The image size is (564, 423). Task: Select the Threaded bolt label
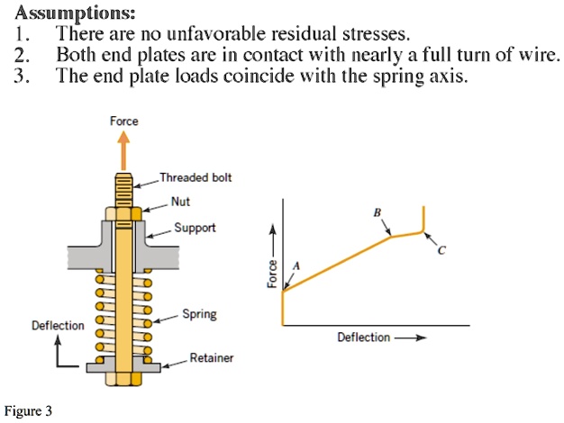coord(196,177)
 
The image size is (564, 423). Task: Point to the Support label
coord(195,228)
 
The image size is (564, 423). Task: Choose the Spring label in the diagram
coord(198,315)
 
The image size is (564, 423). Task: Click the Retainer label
coord(211,358)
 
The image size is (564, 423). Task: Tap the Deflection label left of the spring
coord(58,325)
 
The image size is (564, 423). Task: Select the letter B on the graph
coord(378,212)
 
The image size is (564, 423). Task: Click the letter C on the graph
coord(441,251)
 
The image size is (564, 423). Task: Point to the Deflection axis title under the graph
coord(364,337)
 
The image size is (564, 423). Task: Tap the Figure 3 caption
coord(28,411)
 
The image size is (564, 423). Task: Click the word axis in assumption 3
coord(450,76)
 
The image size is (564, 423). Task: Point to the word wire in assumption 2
coord(541,55)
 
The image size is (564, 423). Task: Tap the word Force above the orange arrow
coord(123,121)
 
